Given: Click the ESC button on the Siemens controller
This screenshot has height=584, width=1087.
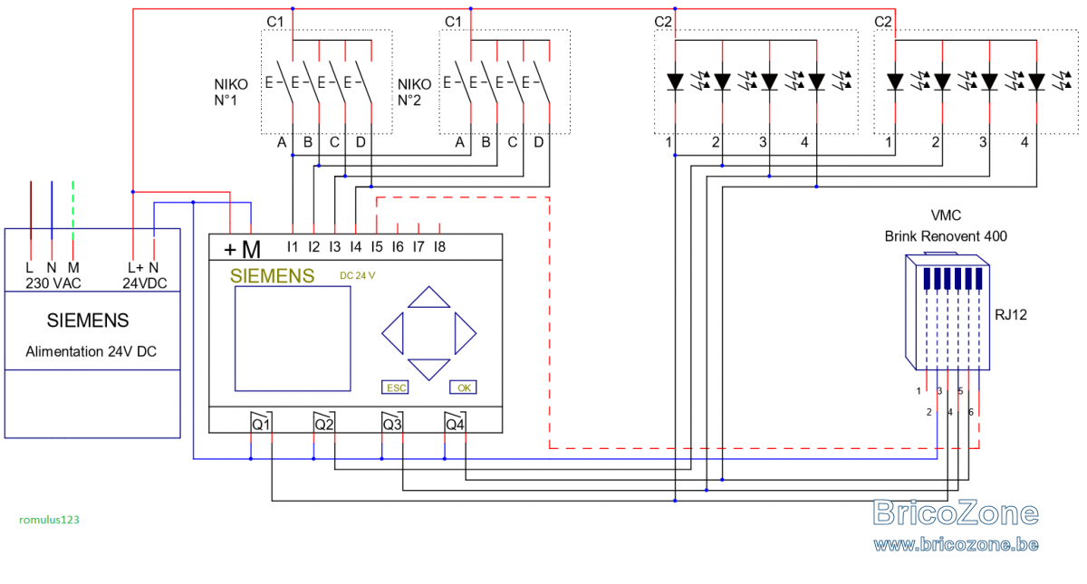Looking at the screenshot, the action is pos(395,388).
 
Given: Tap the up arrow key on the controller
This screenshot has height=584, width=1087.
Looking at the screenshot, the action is pos(429,297).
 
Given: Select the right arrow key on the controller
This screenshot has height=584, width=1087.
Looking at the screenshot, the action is pos(466,333).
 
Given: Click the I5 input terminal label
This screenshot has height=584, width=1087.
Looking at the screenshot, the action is pos(377,247).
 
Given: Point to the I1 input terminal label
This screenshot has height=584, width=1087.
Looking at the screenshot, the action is pos(292,247).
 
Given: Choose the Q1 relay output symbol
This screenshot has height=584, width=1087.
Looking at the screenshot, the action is pos(261,423).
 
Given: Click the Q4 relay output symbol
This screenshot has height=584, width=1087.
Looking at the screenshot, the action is pos(455,423).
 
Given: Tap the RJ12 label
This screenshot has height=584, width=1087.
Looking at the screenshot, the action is pos(1011,315).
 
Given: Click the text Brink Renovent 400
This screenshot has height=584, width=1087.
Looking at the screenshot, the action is pos(946,236).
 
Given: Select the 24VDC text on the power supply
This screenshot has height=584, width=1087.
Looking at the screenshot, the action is pos(145,283).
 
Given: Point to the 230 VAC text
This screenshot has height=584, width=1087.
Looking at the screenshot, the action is pos(53,283).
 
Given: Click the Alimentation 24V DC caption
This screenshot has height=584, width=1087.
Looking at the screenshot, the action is pos(91,351).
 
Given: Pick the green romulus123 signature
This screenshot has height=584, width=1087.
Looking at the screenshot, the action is pos(49,520).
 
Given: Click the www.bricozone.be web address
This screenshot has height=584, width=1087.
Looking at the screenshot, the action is pos(956,544).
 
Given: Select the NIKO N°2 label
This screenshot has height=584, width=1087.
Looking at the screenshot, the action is pos(415,92).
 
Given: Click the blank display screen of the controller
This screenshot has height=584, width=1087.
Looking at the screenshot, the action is pos(293,339).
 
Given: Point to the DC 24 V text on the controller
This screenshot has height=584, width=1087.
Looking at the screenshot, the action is pos(358,275).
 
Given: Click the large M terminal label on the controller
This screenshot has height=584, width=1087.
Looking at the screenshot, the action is pos(251,250).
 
